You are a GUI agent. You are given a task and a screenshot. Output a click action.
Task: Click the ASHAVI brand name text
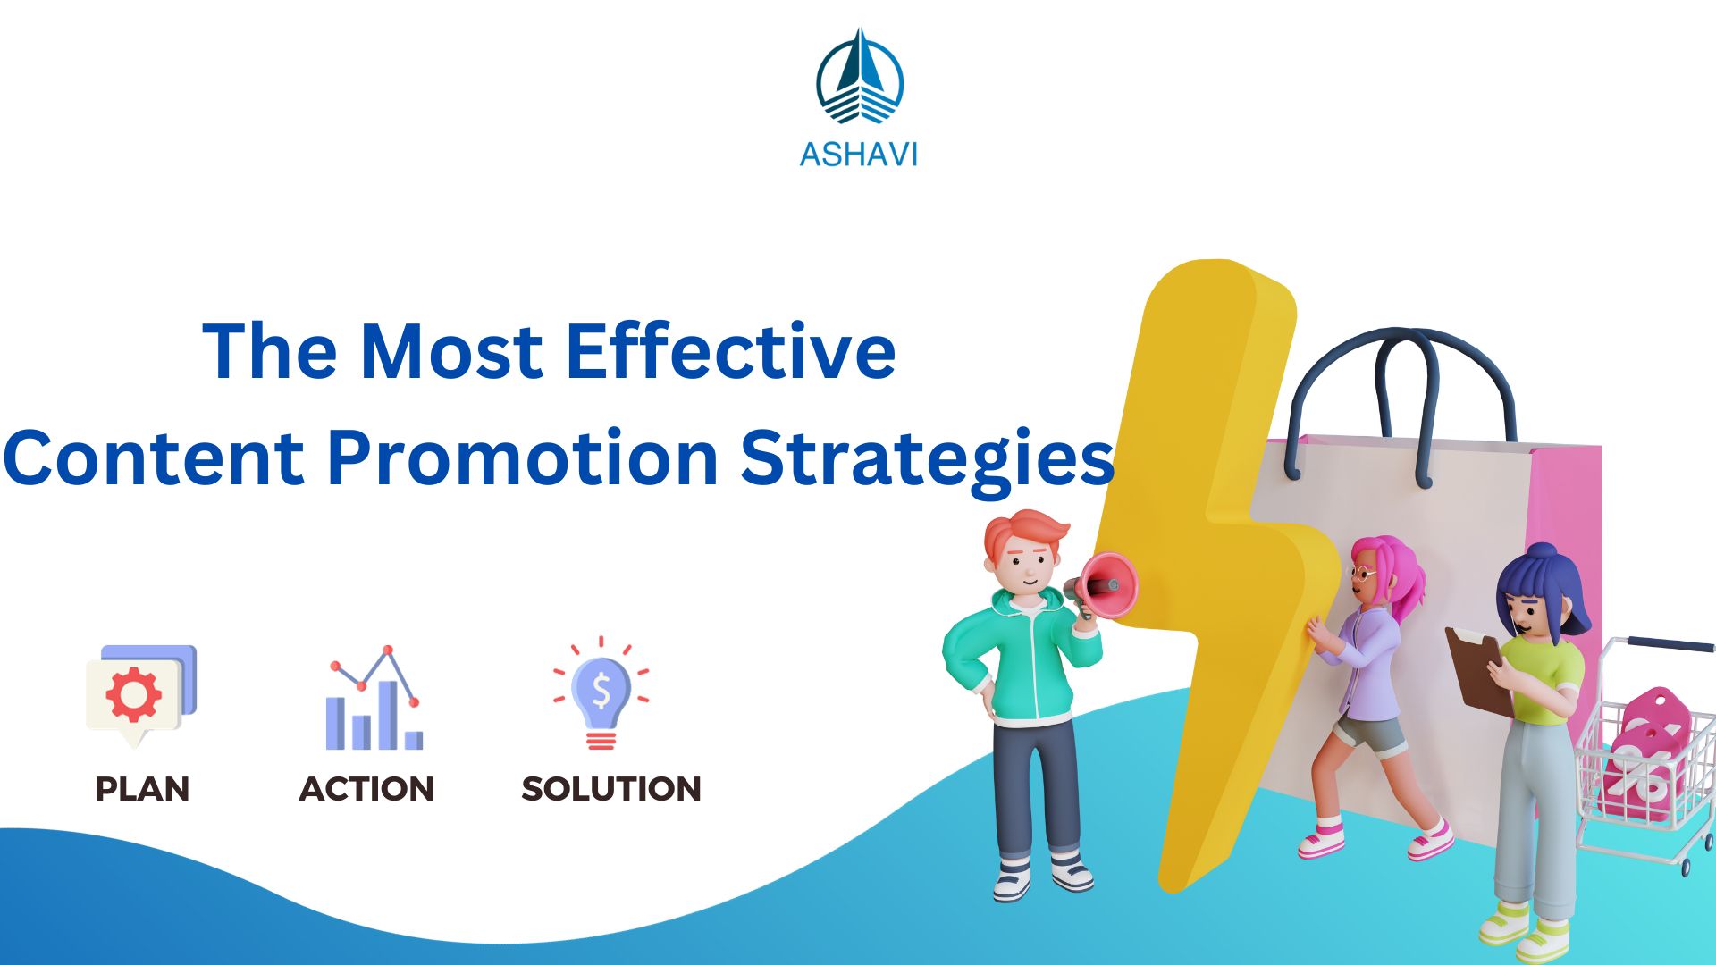click(x=858, y=155)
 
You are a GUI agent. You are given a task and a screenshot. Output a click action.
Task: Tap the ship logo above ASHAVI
click(x=859, y=79)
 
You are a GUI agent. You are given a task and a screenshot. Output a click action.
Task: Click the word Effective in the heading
click(x=730, y=351)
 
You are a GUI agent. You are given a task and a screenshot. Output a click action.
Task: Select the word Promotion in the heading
click(x=523, y=457)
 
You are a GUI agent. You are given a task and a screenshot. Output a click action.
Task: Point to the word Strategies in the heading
click(x=927, y=457)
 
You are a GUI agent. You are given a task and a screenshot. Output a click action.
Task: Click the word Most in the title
click(x=450, y=351)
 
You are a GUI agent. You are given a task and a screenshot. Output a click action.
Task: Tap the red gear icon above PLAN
click(x=134, y=693)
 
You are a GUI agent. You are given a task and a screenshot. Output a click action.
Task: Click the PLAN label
click(x=142, y=789)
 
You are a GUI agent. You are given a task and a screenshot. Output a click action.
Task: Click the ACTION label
click(x=366, y=789)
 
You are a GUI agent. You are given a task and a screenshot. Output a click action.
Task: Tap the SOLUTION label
click(x=611, y=789)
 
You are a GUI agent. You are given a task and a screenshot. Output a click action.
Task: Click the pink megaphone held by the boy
click(x=1108, y=585)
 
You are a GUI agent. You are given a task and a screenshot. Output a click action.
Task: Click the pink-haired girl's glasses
click(x=1362, y=573)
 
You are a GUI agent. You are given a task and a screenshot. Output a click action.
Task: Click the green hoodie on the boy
click(x=1028, y=661)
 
